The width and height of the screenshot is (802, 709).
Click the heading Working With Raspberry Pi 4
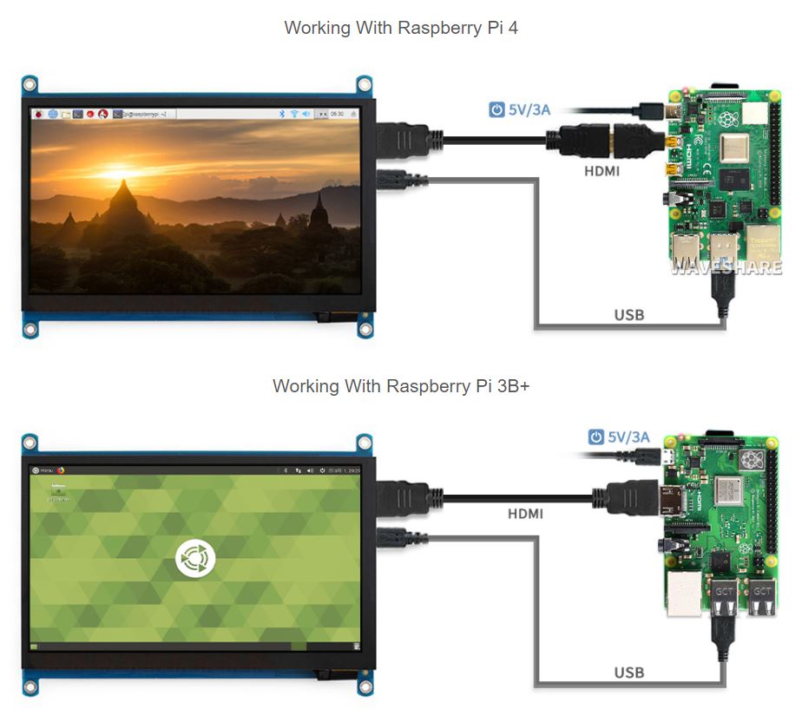click(401, 28)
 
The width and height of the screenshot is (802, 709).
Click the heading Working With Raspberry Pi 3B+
click(401, 385)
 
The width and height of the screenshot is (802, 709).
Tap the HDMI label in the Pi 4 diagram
click(601, 171)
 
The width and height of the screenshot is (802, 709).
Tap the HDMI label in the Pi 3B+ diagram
click(525, 514)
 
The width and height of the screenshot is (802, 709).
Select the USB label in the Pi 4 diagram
click(629, 315)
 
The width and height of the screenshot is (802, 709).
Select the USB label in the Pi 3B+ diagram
click(629, 673)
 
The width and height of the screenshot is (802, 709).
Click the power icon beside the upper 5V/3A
click(496, 110)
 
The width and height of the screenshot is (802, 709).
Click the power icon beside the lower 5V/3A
click(596, 437)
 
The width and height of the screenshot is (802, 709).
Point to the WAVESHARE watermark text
click(726, 267)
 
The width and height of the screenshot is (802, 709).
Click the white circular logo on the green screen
click(195, 558)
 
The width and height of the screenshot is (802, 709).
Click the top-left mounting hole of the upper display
click(30, 84)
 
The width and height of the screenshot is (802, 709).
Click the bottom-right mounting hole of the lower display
click(365, 687)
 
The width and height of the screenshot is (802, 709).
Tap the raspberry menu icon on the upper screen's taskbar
click(38, 114)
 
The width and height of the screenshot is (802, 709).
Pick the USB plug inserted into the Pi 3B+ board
click(722, 629)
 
